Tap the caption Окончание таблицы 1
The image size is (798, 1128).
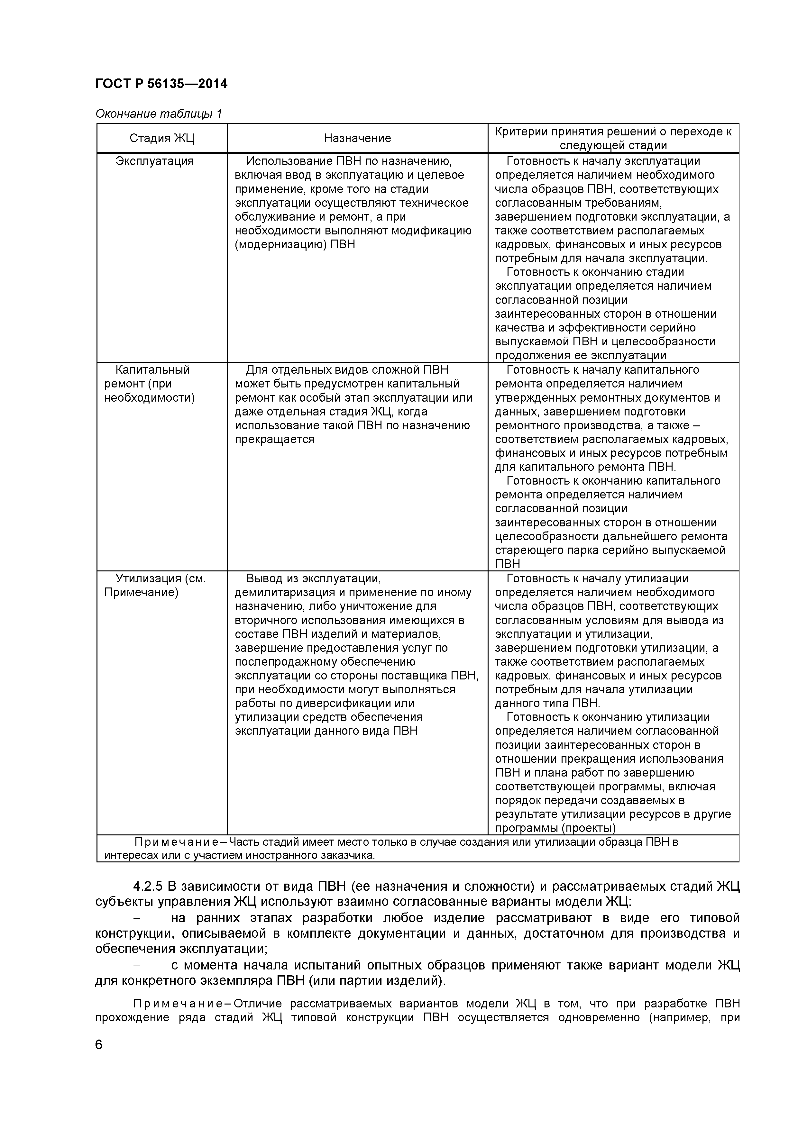[158, 114]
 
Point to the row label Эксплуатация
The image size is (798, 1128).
[154, 161]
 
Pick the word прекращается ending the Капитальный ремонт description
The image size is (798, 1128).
[274, 440]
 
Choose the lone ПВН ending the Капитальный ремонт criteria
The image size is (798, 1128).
[507, 564]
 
